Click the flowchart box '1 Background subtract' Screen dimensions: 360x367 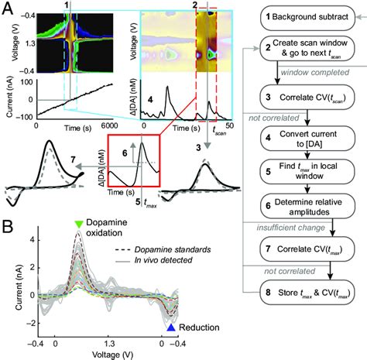point(307,16)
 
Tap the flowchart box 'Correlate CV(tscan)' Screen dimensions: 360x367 point(307,98)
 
